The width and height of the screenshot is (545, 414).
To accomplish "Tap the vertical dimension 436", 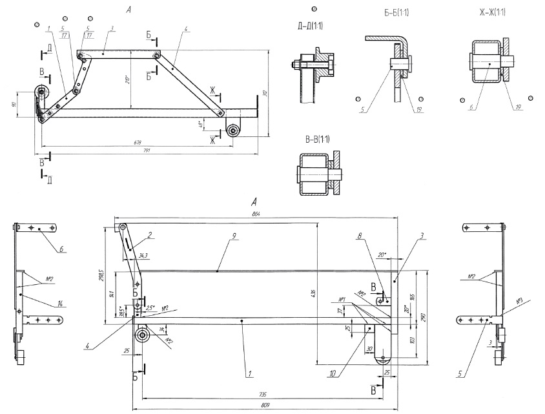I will click(x=314, y=294).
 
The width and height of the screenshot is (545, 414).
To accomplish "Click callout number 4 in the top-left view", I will click(x=185, y=28).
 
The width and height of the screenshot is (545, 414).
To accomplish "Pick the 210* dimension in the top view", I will click(x=128, y=81).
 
